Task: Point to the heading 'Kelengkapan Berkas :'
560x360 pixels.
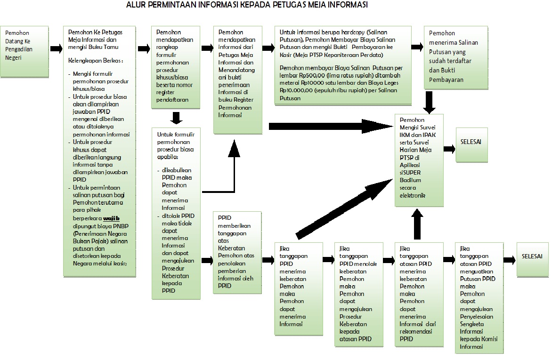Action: [x=96, y=61]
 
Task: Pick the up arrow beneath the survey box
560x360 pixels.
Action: [x=417, y=224]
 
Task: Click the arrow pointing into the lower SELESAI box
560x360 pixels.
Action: [x=509, y=260]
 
